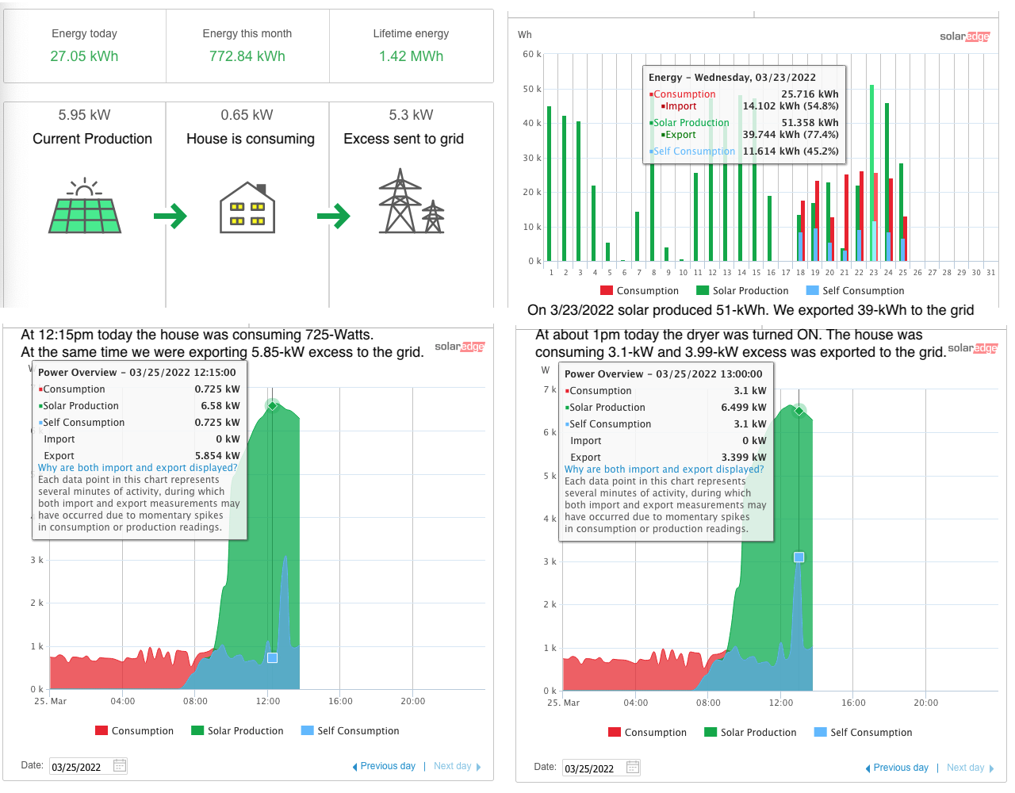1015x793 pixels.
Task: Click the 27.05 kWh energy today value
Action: [x=84, y=56]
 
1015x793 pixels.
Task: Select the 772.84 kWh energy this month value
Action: [x=247, y=56]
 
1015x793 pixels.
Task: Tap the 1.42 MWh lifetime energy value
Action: [x=411, y=56]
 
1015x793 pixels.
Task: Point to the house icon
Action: [x=247, y=208]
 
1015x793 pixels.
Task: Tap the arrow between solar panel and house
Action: [x=170, y=216]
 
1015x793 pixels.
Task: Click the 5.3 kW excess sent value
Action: [x=411, y=115]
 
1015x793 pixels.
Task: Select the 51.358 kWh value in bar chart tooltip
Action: [x=810, y=123]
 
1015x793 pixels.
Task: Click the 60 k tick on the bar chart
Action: [x=530, y=55]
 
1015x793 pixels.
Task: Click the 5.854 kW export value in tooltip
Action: [x=216, y=456]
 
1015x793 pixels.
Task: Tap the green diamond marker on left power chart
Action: [x=272, y=406]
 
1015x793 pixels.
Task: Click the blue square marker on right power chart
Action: [x=799, y=557]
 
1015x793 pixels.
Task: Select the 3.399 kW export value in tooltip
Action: [x=744, y=458]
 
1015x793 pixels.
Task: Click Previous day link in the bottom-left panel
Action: [x=384, y=766]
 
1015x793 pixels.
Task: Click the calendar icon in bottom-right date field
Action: [x=633, y=768]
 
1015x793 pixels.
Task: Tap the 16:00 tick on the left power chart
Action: [x=340, y=701]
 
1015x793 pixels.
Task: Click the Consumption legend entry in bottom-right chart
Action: [x=647, y=733]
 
